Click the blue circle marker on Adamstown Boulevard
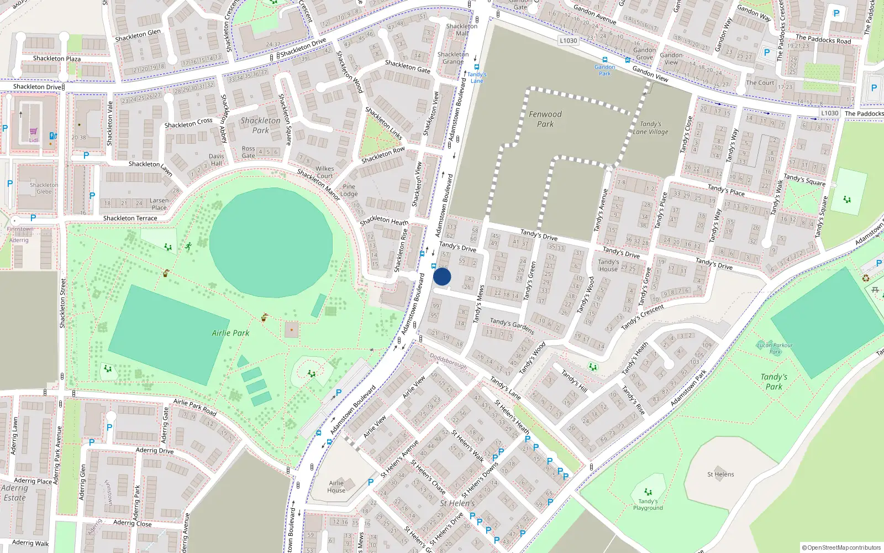[x=442, y=276]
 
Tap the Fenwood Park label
[x=545, y=119]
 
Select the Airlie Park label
[x=230, y=333]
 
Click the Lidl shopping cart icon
[x=34, y=132]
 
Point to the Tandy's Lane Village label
[x=650, y=128]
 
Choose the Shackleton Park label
[x=260, y=126]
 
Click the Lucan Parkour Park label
[x=775, y=348]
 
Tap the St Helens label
[x=720, y=474]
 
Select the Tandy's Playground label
[x=648, y=504]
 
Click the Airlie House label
[x=336, y=487]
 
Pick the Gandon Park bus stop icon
[x=604, y=60]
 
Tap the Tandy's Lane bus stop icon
[x=476, y=67]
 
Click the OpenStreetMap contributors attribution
[x=841, y=548]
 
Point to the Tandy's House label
[x=608, y=265]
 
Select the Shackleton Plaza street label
[x=57, y=59]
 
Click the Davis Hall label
[x=217, y=160]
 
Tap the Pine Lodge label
[x=349, y=190]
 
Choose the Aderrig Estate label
[x=15, y=493]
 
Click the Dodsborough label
[x=448, y=362]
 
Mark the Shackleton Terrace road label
[x=130, y=218]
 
